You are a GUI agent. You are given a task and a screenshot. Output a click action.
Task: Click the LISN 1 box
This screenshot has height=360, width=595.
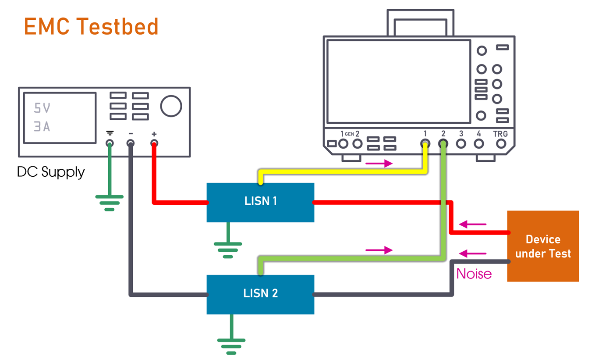coord(260,202)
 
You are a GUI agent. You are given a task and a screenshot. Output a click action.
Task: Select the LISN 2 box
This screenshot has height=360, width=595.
coord(260,294)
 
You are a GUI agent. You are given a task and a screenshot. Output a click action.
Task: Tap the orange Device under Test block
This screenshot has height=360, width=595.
coord(543,246)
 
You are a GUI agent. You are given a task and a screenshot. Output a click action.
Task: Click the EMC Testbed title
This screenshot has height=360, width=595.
coord(91,27)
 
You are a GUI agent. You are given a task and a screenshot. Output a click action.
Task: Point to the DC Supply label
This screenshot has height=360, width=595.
coord(51,172)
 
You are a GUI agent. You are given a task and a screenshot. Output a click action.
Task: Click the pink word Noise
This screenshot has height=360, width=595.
coord(474,274)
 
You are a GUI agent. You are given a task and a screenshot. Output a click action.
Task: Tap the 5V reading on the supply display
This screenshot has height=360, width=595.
coord(42,108)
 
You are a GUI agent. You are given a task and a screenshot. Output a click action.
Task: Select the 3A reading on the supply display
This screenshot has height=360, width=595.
coord(42,127)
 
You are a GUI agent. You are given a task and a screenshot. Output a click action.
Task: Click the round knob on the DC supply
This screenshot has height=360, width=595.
coord(171,106)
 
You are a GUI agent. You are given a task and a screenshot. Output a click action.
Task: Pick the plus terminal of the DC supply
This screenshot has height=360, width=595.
coord(154,143)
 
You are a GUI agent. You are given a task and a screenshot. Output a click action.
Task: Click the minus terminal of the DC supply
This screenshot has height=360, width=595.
coord(131,143)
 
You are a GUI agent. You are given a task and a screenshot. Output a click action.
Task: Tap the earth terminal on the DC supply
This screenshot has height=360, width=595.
coord(110,143)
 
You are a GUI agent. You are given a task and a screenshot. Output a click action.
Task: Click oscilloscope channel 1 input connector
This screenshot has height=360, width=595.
coord(425,143)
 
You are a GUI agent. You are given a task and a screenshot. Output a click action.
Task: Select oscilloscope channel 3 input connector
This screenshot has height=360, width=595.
coord(460,143)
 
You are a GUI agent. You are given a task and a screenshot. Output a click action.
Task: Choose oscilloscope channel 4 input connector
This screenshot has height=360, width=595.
coord(478,143)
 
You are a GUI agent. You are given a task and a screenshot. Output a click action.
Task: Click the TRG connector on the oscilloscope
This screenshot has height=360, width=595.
coord(500,143)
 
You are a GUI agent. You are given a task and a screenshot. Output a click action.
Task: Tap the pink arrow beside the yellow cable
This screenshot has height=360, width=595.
coord(379,164)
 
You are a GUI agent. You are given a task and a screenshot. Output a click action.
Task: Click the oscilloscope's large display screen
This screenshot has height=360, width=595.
coord(398,82)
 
